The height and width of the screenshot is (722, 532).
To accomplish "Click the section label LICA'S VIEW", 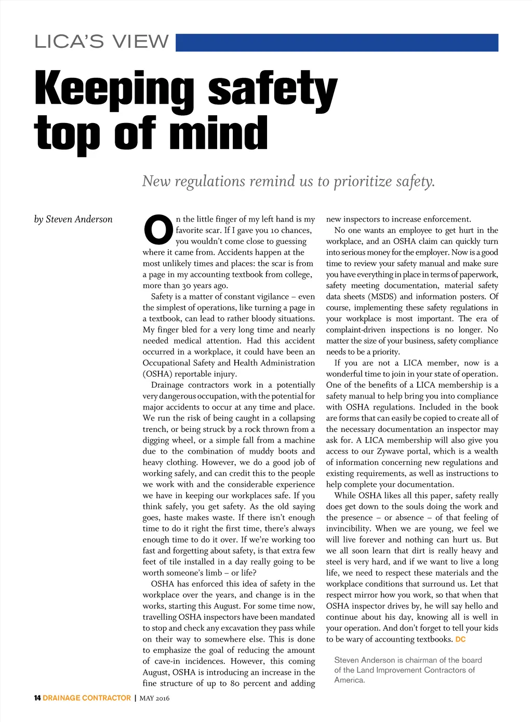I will (102, 42).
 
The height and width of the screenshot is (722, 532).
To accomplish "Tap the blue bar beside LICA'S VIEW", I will (337, 43).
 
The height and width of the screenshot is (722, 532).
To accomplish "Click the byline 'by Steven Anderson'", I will (73, 219).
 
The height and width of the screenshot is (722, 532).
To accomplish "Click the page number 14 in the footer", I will (37, 698).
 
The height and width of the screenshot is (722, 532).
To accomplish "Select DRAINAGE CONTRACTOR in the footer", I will (87, 698).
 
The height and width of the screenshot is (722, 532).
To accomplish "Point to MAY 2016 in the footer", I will (154, 698).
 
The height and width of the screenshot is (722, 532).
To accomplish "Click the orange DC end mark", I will (460, 639).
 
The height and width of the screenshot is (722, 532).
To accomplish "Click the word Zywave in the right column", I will (391, 451).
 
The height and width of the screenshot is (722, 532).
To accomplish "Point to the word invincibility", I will (348, 528).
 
